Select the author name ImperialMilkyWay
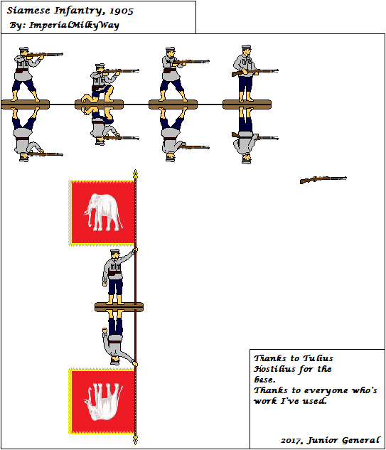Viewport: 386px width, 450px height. (74, 25)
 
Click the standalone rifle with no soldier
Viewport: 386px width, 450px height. (323, 180)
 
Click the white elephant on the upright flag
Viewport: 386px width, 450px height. (102, 211)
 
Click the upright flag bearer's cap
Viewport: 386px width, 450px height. (114, 252)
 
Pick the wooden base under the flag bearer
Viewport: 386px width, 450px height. (119, 306)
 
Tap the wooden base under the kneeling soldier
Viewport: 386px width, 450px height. (100, 105)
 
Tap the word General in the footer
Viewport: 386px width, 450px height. (360, 441)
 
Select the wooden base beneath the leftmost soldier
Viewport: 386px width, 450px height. (26, 105)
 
